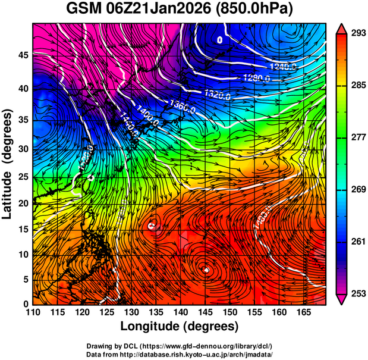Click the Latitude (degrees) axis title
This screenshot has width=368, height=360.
click(8, 164)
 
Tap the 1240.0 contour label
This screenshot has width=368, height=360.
click(282, 66)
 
